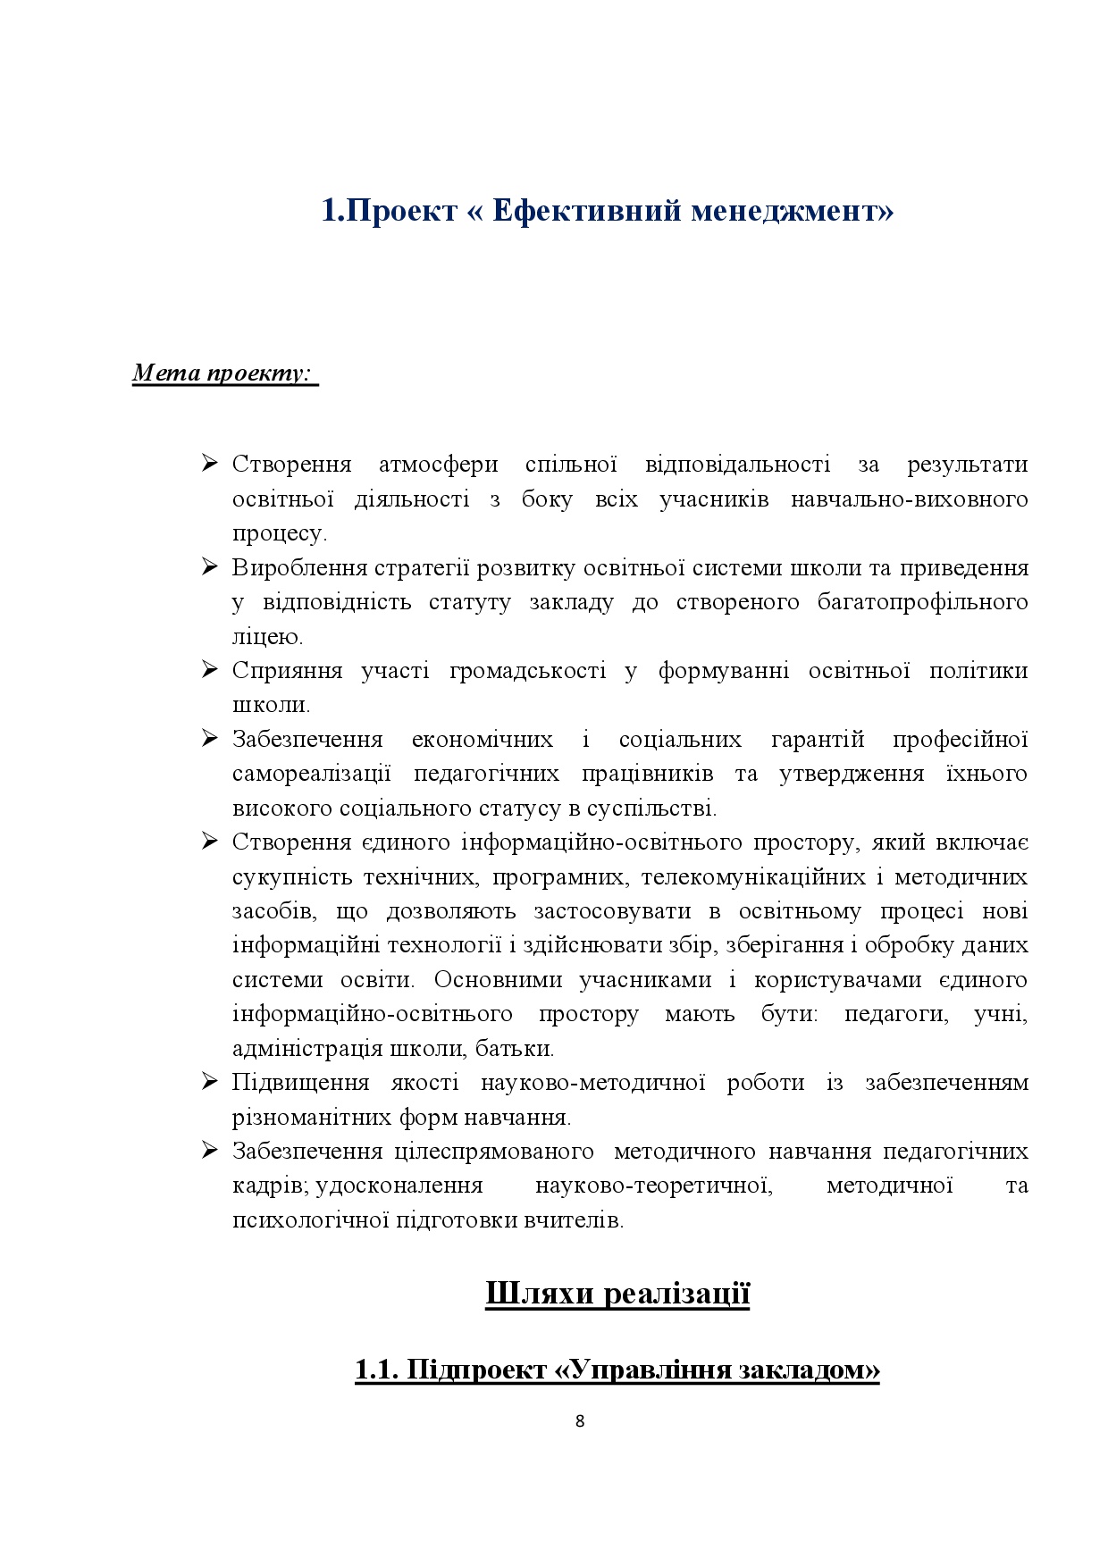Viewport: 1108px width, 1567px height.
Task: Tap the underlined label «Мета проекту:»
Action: pos(224,372)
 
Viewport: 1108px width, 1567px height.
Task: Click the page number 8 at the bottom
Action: pos(580,1421)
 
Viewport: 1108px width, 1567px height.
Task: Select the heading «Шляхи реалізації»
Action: pos(617,1293)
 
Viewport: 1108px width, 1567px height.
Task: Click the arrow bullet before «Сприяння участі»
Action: pos(210,670)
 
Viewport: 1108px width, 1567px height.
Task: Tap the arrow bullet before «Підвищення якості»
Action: pos(210,1082)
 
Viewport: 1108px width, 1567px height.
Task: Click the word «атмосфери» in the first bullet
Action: pos(438,465)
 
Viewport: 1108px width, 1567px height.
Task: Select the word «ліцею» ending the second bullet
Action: pos(266,637)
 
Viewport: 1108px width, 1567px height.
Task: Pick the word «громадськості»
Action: pos(527,671)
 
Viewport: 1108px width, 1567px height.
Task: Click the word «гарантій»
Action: pos(817,740)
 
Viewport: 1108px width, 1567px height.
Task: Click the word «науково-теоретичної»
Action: pos(653,1186)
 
